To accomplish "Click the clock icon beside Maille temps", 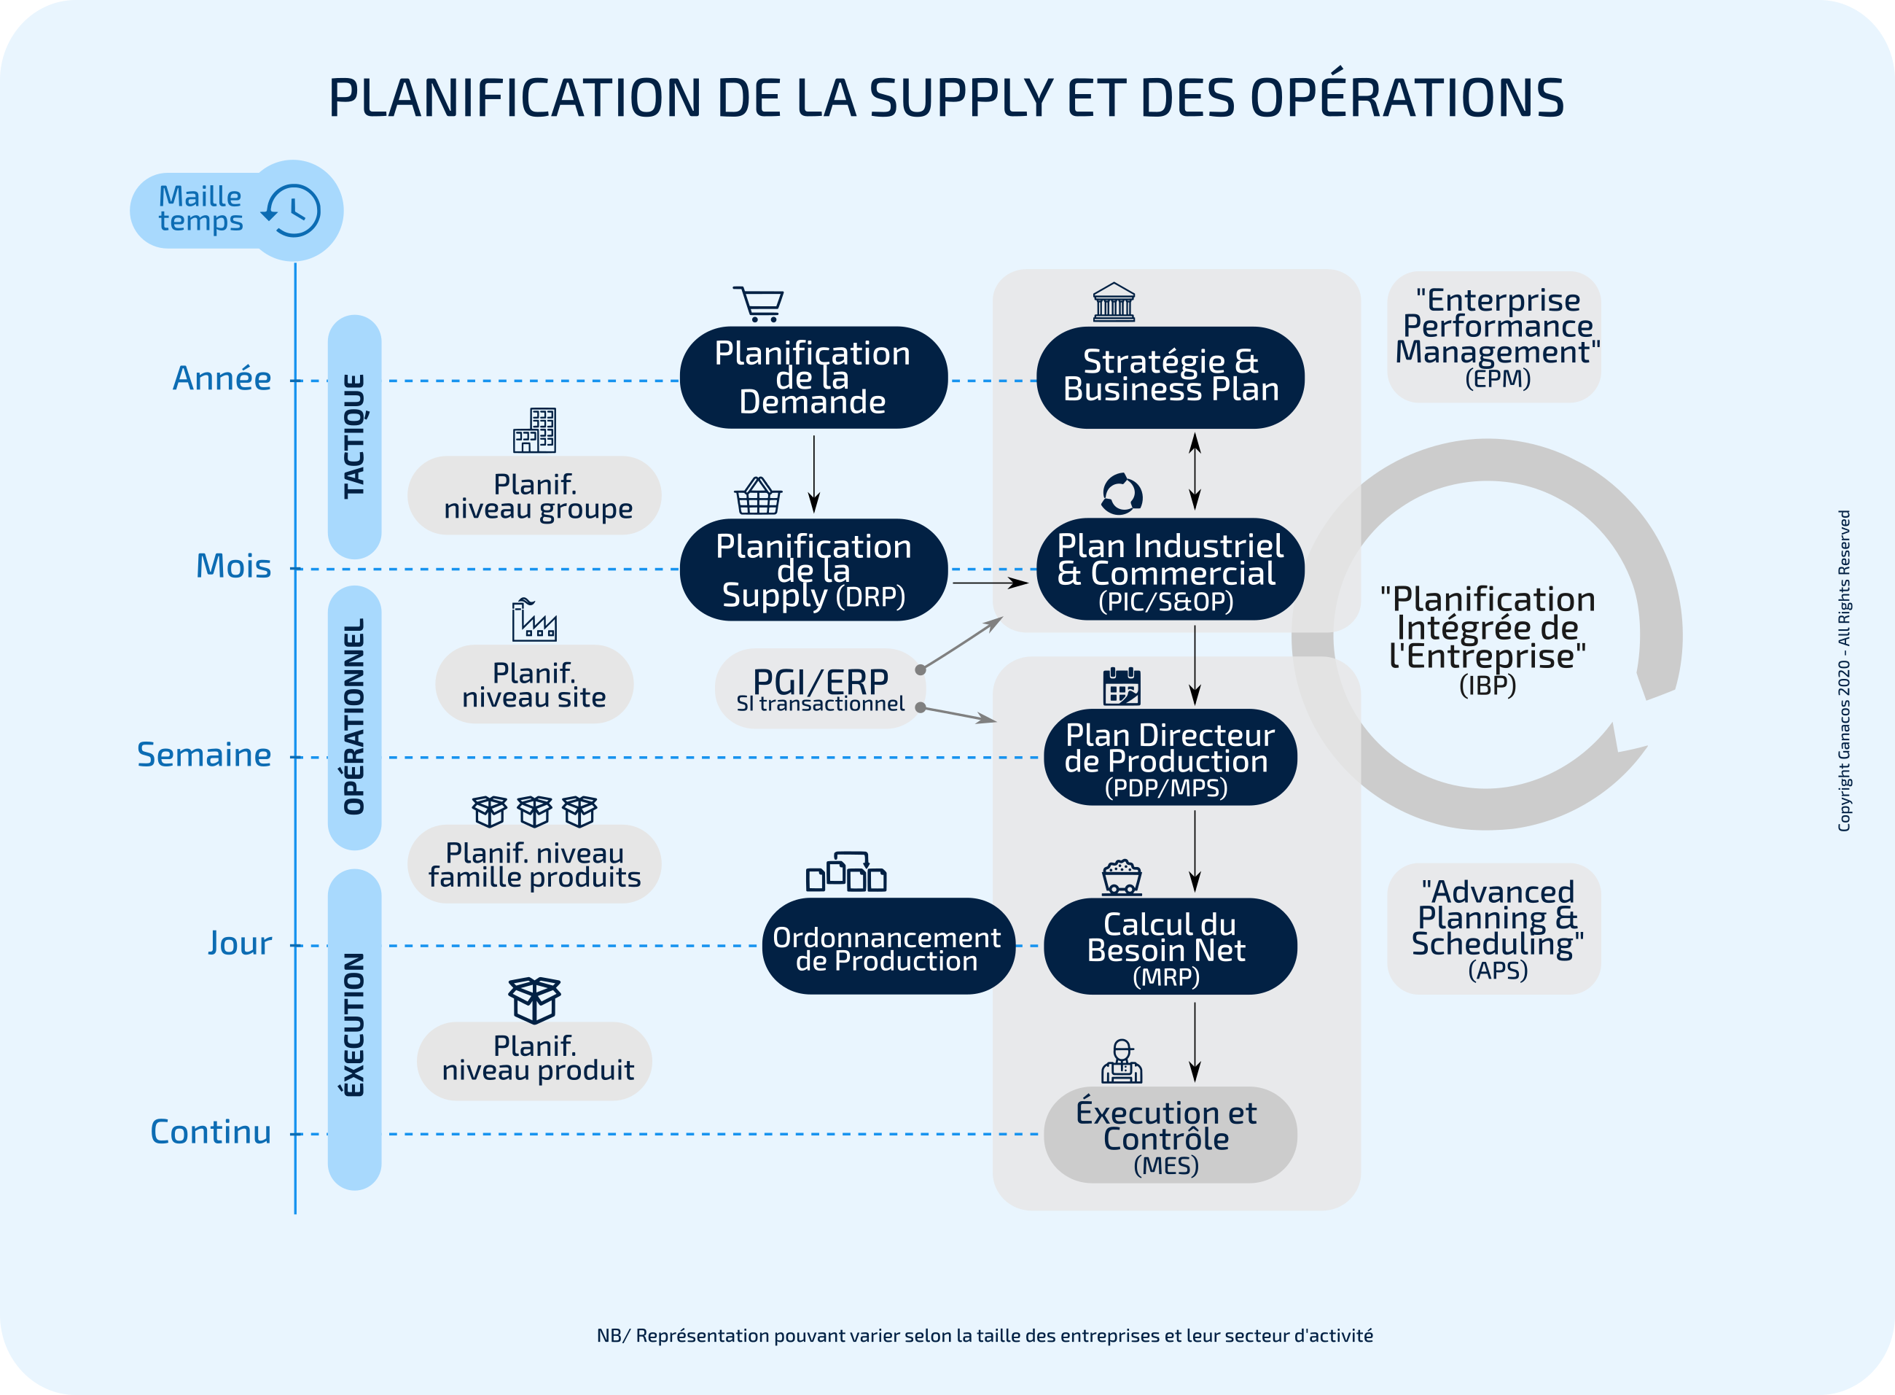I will pyautogui.click(x=292, y=210).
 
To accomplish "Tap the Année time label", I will pyautogui.click(x=222, y=378).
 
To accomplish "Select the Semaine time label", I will pyautogui.click(x=204, y=755).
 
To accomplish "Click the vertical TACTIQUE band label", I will pyautogui.click(x=354, y=436).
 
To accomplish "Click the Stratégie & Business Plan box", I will pyautogui.click(x=1170, y=376).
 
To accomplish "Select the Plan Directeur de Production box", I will pyautogui.click(x=1170, y=758).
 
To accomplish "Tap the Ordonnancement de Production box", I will pyautogui.click(x=887, y=947).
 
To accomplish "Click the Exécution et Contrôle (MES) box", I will pyautogui.click(x=1170, y=1135).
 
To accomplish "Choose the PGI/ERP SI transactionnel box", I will pyautogui.click(x=820, y=689).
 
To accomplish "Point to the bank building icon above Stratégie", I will pyautogui.click(x=1114, y=303).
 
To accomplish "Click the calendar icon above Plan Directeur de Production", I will pyautogui.click(x=1122, y=686).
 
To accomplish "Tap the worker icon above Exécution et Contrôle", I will pyautogui.click(x=1122, y=1062).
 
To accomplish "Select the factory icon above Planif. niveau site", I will pyautogui.click(x=534, y=621).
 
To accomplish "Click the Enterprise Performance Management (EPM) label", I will pyautogui.click(x=1494, y=337).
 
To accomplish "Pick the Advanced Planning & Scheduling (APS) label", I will pyautogui.click(x=1494, y=929).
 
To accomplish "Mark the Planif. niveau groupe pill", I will pyautogui.click(x=534, y=496).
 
